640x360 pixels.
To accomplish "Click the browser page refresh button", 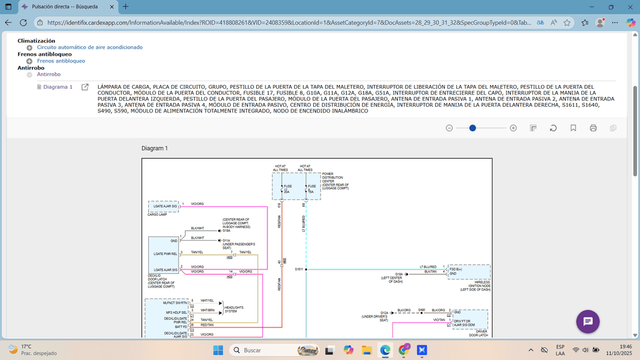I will point(23,22).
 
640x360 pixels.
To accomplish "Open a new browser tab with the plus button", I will point(126,6).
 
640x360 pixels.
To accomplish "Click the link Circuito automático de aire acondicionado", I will point(89,47).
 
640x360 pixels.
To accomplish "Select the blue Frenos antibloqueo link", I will point(61,61).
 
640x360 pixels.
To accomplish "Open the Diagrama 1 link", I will point(57,87).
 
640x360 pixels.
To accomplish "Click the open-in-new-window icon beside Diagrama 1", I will point(85,87).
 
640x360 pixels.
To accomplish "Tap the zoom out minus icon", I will point(449,127).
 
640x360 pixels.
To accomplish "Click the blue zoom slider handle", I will point(472,127).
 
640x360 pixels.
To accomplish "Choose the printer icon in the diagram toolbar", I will point(593,128).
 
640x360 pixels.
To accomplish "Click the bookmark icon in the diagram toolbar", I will point(573,128).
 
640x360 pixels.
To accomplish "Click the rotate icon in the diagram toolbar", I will point(553,128).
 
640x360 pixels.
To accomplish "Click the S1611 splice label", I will point(299,269).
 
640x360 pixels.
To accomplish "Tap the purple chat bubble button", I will point(587,321).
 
